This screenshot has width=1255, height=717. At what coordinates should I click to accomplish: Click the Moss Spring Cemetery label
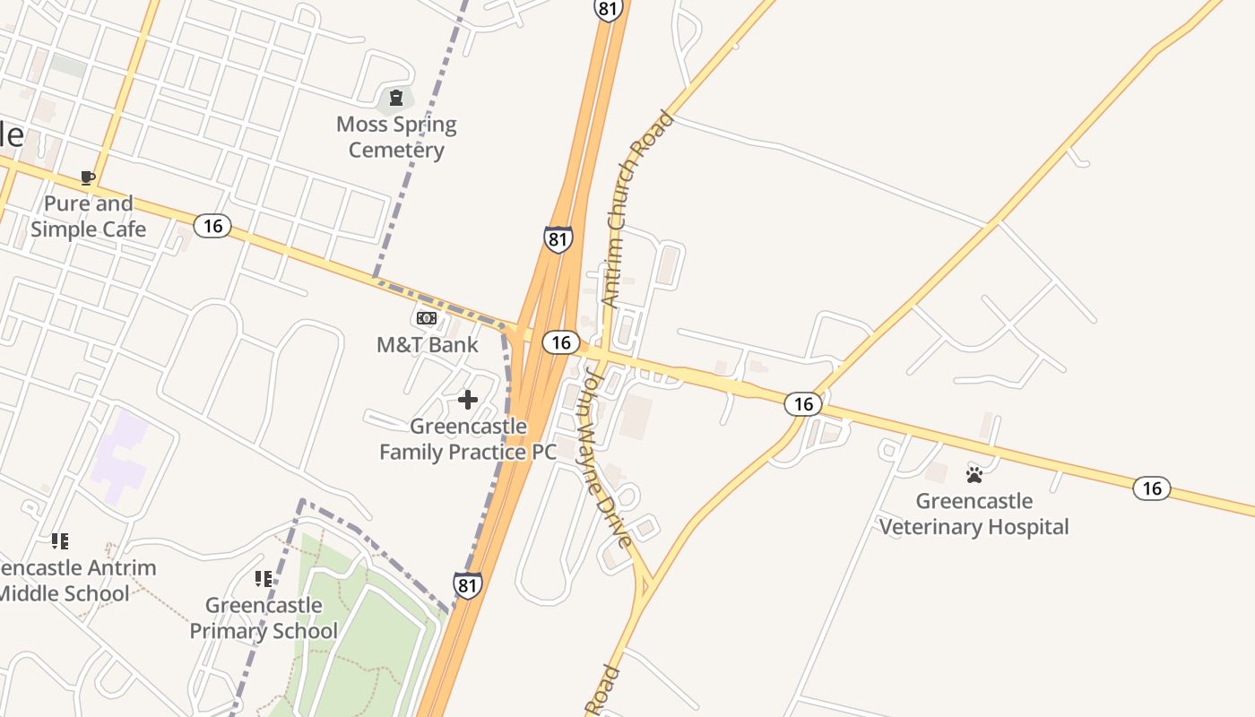(x=396, y=137)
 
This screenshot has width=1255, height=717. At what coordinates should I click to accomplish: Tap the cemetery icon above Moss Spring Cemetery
(x=396, y=98)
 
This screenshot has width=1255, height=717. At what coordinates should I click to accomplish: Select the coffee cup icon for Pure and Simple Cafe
(x=88, y=177)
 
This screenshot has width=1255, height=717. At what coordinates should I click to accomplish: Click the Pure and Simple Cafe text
(x=88, y=216)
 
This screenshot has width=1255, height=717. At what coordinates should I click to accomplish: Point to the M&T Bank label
(x=428, y=345)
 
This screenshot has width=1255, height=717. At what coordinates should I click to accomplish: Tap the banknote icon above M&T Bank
(x=427, y=318)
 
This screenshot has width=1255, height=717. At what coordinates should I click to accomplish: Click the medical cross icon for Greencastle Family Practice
(x=468, y=400)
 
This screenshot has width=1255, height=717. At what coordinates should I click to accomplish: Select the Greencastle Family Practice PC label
(x=468, y=439)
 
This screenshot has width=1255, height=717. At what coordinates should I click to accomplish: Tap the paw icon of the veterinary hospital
(x=974, y=474)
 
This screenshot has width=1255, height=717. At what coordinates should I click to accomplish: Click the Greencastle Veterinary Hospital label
(x=974, y=514)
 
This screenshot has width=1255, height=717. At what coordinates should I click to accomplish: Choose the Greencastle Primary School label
(x=264, y=618)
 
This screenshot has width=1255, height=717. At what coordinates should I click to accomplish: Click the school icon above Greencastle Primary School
(x=263, y=579)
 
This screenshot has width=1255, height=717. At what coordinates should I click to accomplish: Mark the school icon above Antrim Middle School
(x=60, y=540)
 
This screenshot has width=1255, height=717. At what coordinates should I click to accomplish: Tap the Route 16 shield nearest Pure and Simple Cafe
(x=212, y=225)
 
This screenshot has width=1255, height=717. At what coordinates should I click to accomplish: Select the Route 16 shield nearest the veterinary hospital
(x=1152, y=488)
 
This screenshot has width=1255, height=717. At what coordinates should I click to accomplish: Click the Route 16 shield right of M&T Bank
(x=561, y=342)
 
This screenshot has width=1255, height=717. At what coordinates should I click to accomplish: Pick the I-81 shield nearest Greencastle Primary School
(x=467, y=585)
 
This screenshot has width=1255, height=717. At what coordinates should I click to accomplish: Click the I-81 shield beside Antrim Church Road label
(x=558, y=239)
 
